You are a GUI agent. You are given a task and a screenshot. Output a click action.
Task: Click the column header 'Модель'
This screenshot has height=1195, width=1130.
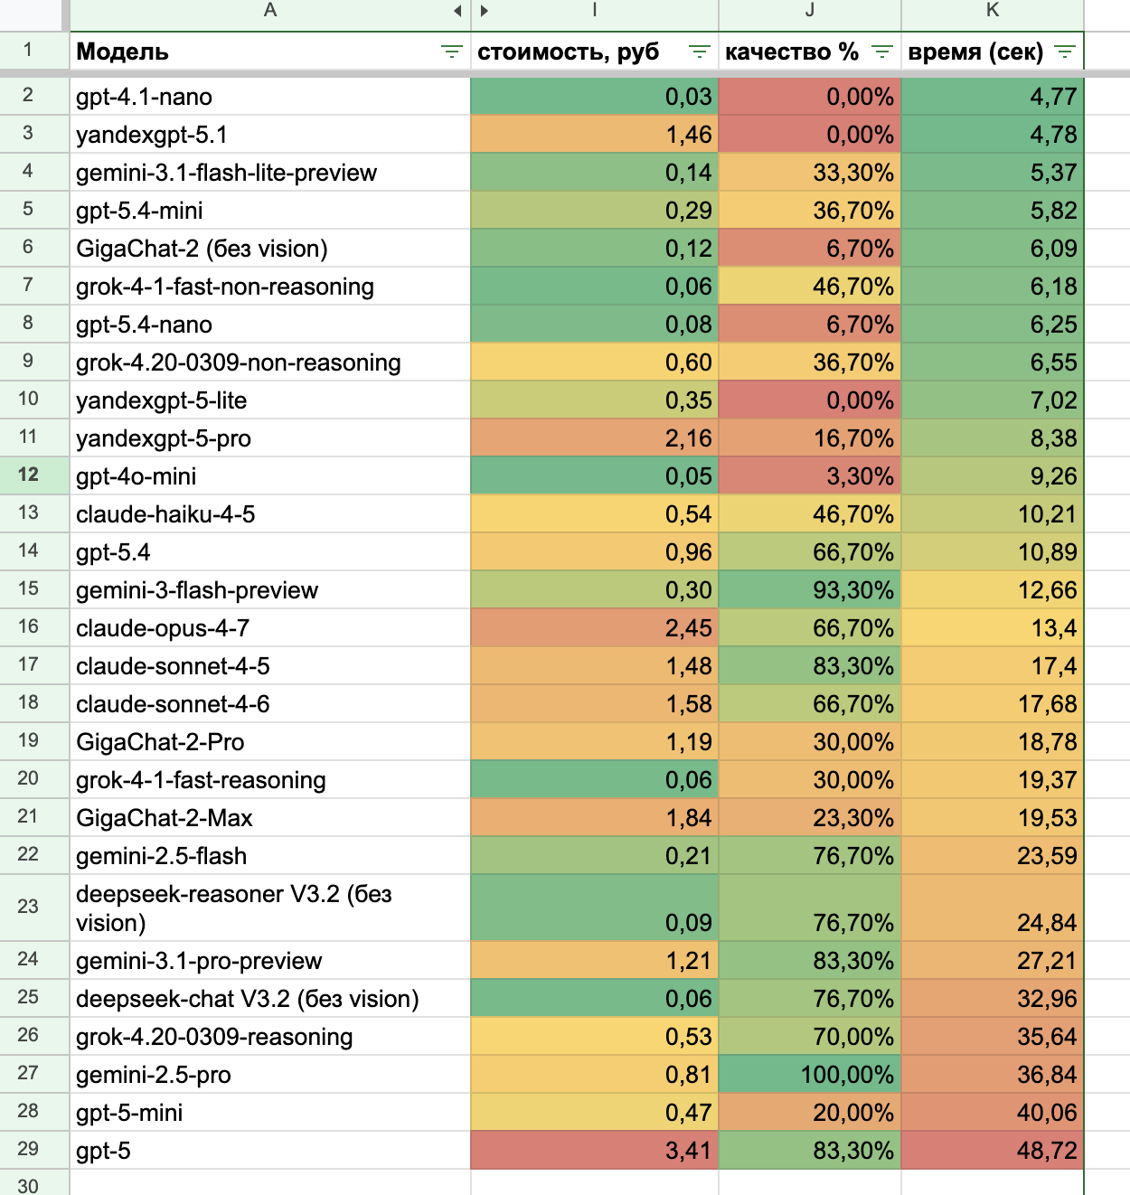point(123,52)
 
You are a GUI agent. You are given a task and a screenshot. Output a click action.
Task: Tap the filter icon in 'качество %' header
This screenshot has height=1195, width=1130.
point(881,52)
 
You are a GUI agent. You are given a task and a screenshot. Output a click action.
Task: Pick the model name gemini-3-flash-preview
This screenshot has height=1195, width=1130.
point(197,590)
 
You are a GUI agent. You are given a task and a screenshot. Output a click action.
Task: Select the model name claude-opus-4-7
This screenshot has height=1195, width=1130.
point(163,628)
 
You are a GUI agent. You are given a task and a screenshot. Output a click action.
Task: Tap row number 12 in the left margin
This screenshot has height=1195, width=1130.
point(28,475)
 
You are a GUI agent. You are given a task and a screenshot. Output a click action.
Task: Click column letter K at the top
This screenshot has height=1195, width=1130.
point(993,11)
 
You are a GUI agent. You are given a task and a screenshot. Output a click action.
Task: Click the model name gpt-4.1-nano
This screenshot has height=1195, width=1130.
point(145,97)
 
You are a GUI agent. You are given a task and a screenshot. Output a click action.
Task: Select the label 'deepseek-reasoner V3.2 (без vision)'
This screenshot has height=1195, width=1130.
point(234,908)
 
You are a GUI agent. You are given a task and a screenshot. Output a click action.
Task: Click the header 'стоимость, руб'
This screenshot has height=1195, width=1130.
point(569,52)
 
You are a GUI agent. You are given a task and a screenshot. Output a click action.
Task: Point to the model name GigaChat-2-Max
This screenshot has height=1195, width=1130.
point(165,818)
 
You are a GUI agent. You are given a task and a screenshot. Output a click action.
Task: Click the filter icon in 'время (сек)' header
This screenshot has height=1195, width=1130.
point(1065,52)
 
